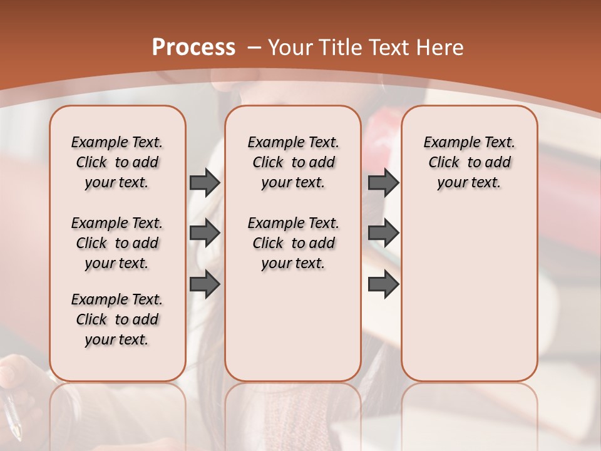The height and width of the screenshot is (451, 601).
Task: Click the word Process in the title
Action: (x=193, y=47)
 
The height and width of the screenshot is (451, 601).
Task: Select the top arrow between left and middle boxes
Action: (x=205, y=182)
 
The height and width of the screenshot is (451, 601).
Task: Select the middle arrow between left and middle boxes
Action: (x=205, y=233)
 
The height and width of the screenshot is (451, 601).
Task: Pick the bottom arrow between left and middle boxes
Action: (x=205, y=284)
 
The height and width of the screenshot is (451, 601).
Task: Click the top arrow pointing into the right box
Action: (x=383, y=182)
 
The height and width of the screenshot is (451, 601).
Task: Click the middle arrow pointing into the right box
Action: (x=383, y=233)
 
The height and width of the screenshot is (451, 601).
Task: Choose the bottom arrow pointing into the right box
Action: (x=383, y=284)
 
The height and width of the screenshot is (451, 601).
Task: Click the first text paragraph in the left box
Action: (x=117, y=162)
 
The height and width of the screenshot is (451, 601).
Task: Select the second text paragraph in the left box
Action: (x=117, y=243)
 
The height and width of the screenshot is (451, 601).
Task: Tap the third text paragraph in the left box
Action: (x=117, y=319)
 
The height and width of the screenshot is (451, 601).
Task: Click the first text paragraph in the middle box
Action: (x=293, y=162)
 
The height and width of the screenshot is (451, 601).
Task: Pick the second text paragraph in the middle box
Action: (x=293, y=243)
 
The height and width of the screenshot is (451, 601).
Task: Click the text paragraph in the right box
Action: (x=469, y=162)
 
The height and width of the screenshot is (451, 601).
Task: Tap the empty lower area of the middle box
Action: (x=293, y=326)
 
